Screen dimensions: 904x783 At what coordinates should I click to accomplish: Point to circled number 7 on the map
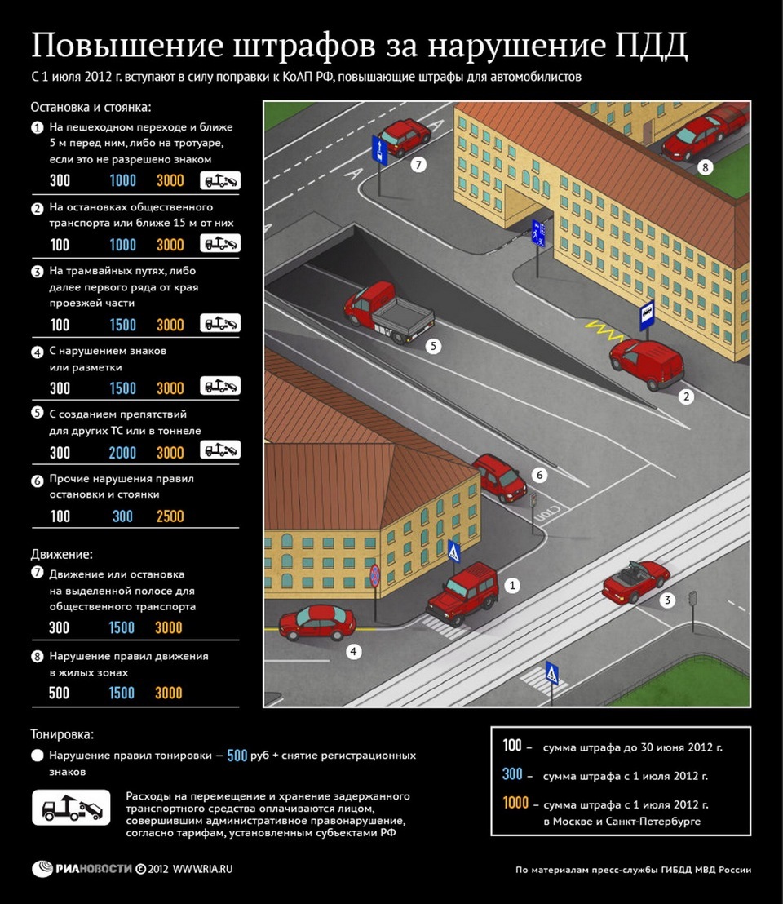pyautogui.click(x=418, y=165)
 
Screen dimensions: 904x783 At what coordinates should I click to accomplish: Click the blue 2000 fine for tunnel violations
pyautogui.click(x=122, y=453)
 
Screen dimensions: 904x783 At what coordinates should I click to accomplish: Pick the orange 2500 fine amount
pyautogui.click(x=170, y=516)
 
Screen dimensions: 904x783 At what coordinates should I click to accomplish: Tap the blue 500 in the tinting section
pyautogui.click(x=237, y=756)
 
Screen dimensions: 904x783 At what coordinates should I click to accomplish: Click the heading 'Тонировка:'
pyautogui.click(x=62, y=734)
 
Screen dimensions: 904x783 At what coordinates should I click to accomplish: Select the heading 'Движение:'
pyautogui.click(x=62, y=555)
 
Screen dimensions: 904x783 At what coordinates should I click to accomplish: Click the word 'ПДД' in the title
pyautogui.click(x=650, y=46)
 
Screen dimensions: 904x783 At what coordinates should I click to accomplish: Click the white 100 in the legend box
pyautogui.click(x=511, y=746)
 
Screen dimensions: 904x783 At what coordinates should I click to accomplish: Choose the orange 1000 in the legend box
pyautogui.click(x=515, y=803)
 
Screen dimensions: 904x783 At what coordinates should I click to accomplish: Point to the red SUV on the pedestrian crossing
pyautogui.click(x=462, y=591)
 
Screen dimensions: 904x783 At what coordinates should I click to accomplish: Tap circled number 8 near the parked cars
pyautogui.click(x=706, y=168)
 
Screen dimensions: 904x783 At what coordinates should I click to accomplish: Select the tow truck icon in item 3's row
pyautogui.click(x=220, y=323)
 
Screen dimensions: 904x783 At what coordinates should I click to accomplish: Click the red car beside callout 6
pyautogui.click(x=499, y=476)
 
